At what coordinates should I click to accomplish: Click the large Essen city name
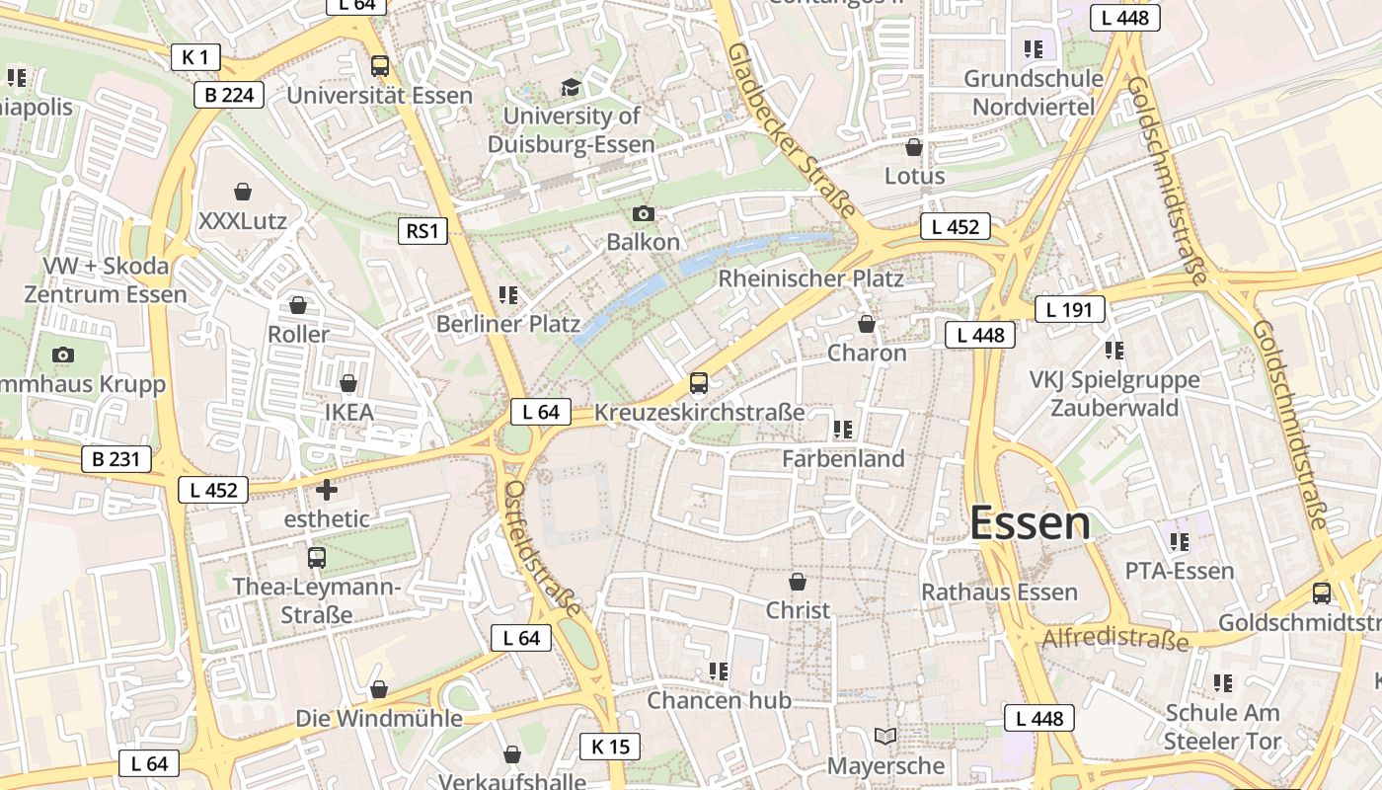pyautogui.click(x=1030, y=523)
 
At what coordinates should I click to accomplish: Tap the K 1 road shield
pyautogui.click(x=194, y=57)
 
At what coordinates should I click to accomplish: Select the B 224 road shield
pyautogui.click(x=229, y=95)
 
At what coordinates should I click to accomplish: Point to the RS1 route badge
pyautogui.click(x=422, y=231)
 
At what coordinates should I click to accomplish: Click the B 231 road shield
pyautogui.click(x=115, y=459)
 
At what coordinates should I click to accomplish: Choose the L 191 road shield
pyautogui.click(x=1069, y=309)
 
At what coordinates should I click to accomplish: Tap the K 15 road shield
pyautogui.click(x=609, y=747)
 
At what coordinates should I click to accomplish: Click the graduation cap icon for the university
pyautogui.click(x=571, y=88)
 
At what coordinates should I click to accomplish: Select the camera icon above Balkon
pyautogui.click(x=643, y=213)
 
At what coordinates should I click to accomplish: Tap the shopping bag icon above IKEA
pyautogui.click(x=348, y=383)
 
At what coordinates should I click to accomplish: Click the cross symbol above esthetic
pyautogui.click(x=326, y=489)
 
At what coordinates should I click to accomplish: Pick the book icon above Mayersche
pyautogui.click(x=885, y=737)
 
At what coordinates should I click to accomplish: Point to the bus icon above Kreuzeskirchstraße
pyautogui.click(x=699, y=383)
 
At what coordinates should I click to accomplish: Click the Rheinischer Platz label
pyautogui.click(x=810, y=278)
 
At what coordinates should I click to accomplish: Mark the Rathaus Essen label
pyautogui.click(x=999, y=592)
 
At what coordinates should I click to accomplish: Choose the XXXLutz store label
pyautogui.click(x=243, y=220)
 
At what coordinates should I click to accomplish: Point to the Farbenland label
pyautogui.click(x=843, y=458)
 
